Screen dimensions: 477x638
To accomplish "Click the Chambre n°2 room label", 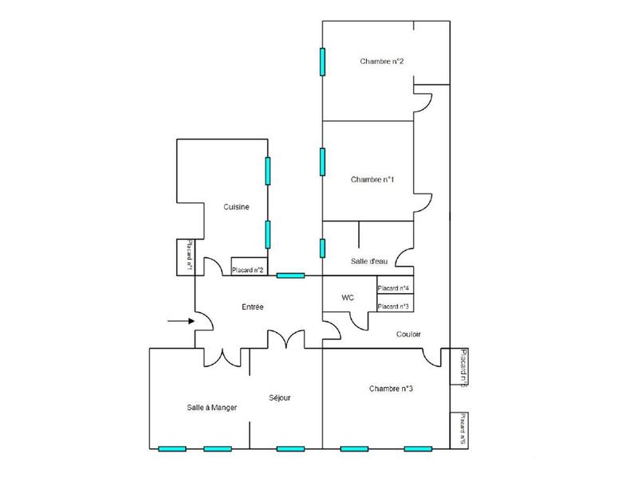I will click(x=381, y=61).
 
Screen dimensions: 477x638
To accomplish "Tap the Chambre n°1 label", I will click(x=372, y=179).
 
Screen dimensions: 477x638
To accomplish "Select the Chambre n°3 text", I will click(x=391, y=389).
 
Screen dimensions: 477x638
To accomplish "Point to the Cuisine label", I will click(x=237, y=207).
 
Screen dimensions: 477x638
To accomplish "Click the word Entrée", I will click(x=253, y=307).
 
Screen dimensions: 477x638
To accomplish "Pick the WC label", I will click(x=348, y=298).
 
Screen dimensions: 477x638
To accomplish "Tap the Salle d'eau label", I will click(x=369, y=261).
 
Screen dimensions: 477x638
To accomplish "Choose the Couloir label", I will click(x=408, y=334).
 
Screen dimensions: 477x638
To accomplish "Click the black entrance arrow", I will click(x=179, y=321).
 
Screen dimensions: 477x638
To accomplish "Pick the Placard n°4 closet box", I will click(x=394, y=287).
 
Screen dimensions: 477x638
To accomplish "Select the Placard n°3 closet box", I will click(x=394, y=306).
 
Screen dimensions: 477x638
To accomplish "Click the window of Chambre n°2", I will click(x=323, y=61).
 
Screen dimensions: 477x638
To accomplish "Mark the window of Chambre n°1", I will click(x=323, y=161).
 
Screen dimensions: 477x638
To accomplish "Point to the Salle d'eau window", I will click(x=323, y=248).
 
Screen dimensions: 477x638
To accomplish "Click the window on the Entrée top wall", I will click(x=290, y=276).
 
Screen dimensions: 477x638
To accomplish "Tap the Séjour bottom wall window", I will click(x=290, y=448).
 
